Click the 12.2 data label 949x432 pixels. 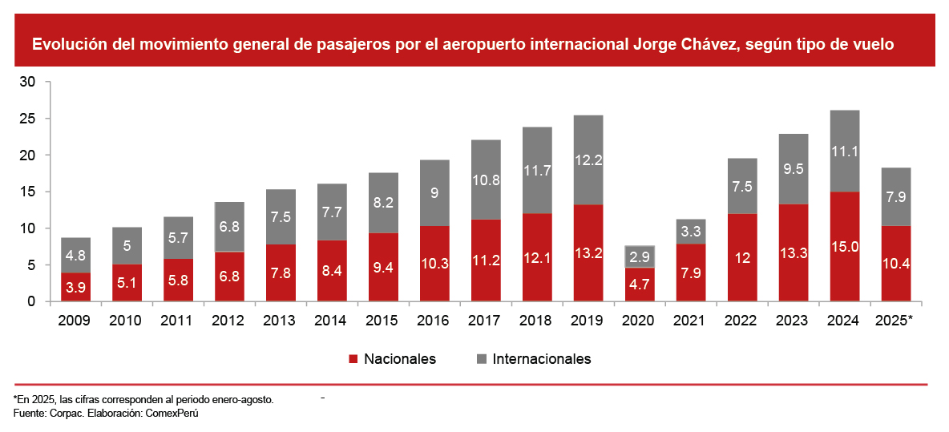[x=589, y=159]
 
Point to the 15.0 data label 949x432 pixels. [x=845, y=246]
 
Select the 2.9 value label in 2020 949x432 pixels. [x=640, y=256]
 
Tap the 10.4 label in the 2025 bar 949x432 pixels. [x=895, y=263]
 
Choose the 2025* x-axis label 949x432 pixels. [x=895, y=320]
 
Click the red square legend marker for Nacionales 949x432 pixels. [x=353, y=359]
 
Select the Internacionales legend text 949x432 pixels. [x=542, y=359]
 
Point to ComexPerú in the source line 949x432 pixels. [x=172, y=413]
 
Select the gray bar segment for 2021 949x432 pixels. [x=691, y=231]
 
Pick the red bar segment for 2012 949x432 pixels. [x=230, y=277]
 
